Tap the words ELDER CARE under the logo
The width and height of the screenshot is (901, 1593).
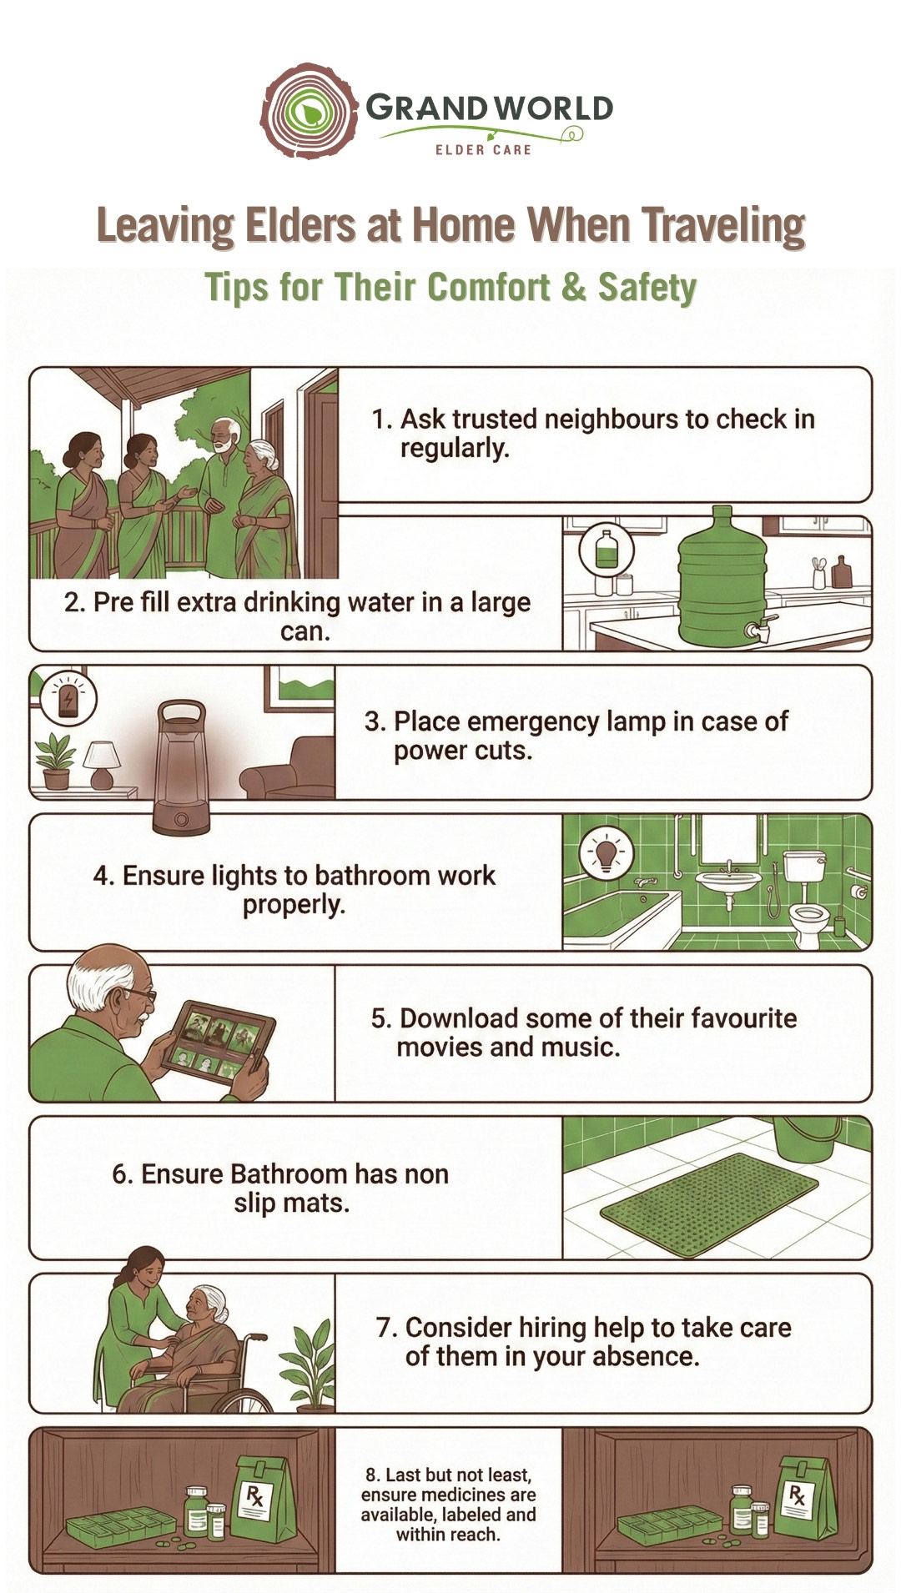tap(483, 149)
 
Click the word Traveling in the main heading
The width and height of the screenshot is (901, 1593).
tap(723, 226)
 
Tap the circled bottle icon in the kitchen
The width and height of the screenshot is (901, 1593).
tap(607, 550)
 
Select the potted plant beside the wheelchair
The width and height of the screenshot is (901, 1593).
tap(309, 1367)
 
